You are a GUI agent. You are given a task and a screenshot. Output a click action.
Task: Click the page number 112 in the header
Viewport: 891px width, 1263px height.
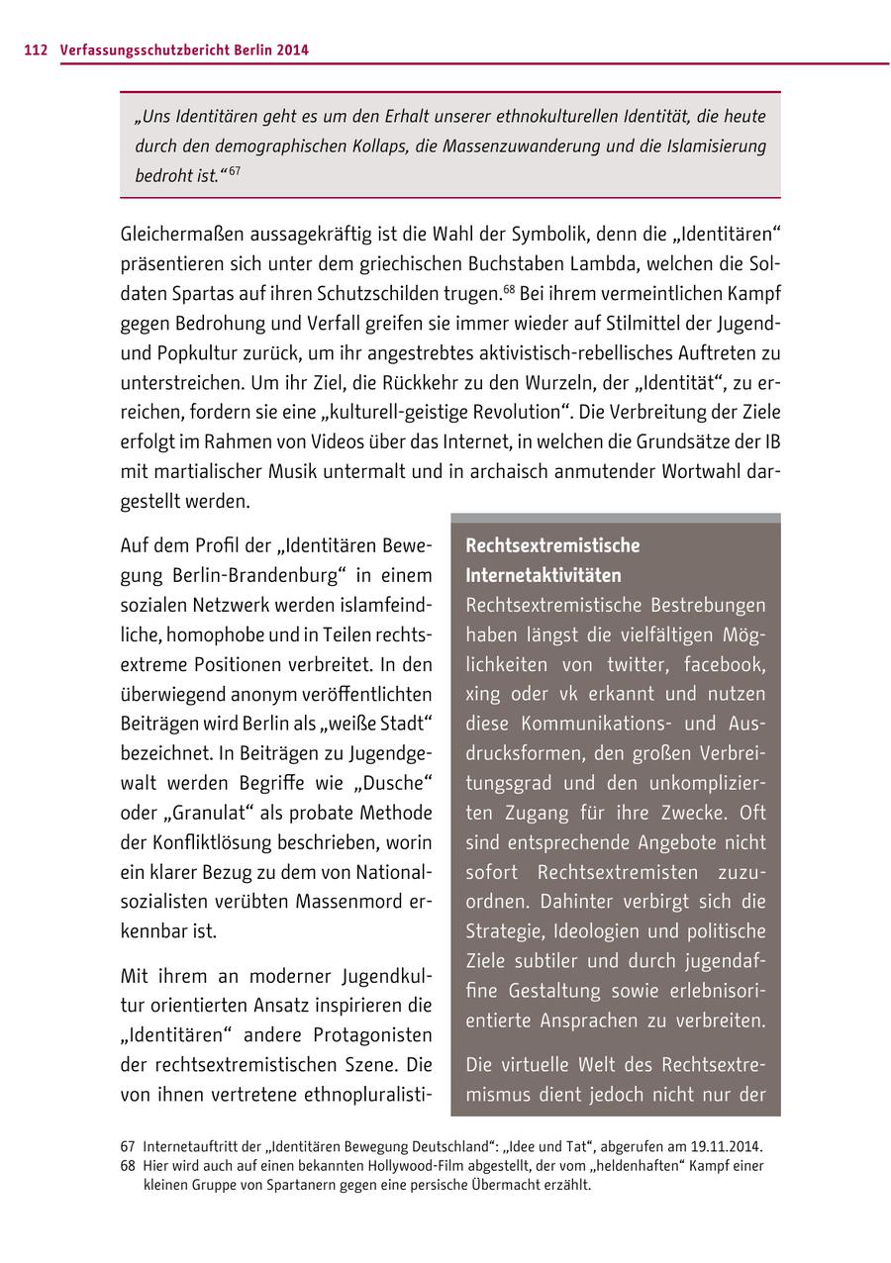tap(35, 49)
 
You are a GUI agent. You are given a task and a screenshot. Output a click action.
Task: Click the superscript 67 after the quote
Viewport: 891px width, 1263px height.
tap(235, 171)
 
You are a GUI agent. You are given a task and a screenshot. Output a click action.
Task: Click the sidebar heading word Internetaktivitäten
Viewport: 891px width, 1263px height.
tap(544, 575)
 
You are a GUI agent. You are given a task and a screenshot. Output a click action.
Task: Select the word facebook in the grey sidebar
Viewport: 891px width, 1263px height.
tap(725, 664)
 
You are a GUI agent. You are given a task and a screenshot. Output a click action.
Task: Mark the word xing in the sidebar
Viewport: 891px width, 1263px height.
tap(483, 694)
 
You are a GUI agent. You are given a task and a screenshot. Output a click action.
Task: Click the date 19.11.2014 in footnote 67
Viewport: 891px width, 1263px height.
tap(726, 1146)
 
